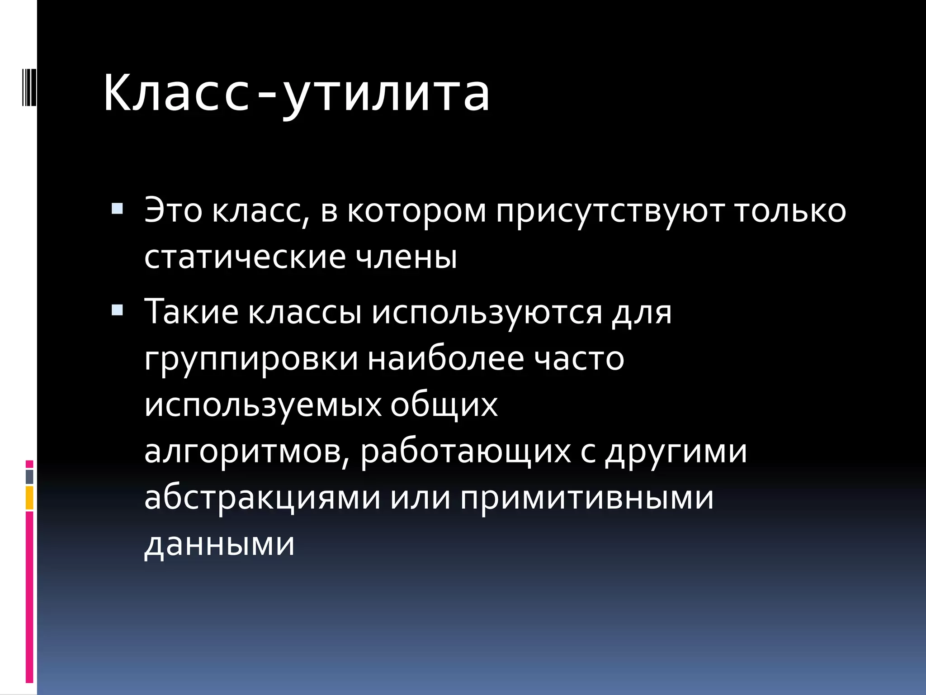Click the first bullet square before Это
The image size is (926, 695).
(x=117, y=209)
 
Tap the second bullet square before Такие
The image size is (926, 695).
(x=117, y=310)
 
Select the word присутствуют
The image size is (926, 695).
(x=610, y=211)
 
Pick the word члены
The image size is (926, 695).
(x=406, y=257)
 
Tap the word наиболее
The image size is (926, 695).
(x=446, y=358)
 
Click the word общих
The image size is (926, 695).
(x=444, y=405)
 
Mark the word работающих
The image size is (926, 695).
(x=466, y=452)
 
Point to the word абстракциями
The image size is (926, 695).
(x=262, y=498)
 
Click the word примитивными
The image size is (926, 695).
(x=587, y=498)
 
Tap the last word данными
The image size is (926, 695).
(x=219, y=544)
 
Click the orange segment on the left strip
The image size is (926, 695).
(x=29, y=498)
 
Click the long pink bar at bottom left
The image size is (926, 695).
(x=29, y=597)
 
